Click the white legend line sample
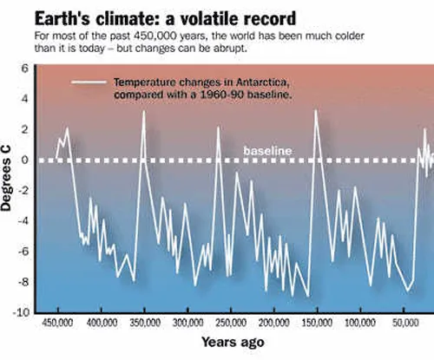tap(89, 82)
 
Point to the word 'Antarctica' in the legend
tap(263, 82)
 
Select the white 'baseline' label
tap(267, 151)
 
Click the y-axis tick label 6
tap(25, 69)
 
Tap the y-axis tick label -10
tap(22, 312)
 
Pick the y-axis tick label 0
tap(25, 160)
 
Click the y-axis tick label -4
tap(23, 221)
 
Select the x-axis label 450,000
tap(57, 323)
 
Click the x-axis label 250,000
tap(231, 323)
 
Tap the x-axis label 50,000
tap(405, 323)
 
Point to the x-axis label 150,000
tap(317, 323)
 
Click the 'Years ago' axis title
tap(233, 342)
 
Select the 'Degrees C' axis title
tap(6, 178)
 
